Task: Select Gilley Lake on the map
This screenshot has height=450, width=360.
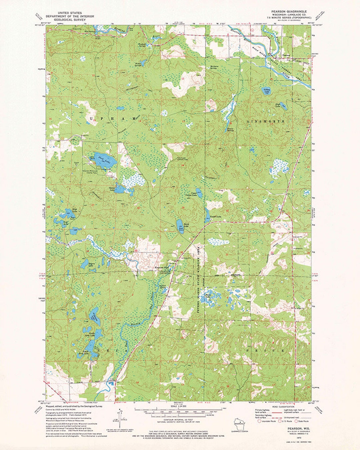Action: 267,91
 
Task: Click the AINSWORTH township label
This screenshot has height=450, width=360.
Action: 266,121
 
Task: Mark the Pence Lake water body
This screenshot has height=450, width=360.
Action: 179,223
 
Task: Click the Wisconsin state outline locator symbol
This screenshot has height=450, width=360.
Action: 238,422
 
